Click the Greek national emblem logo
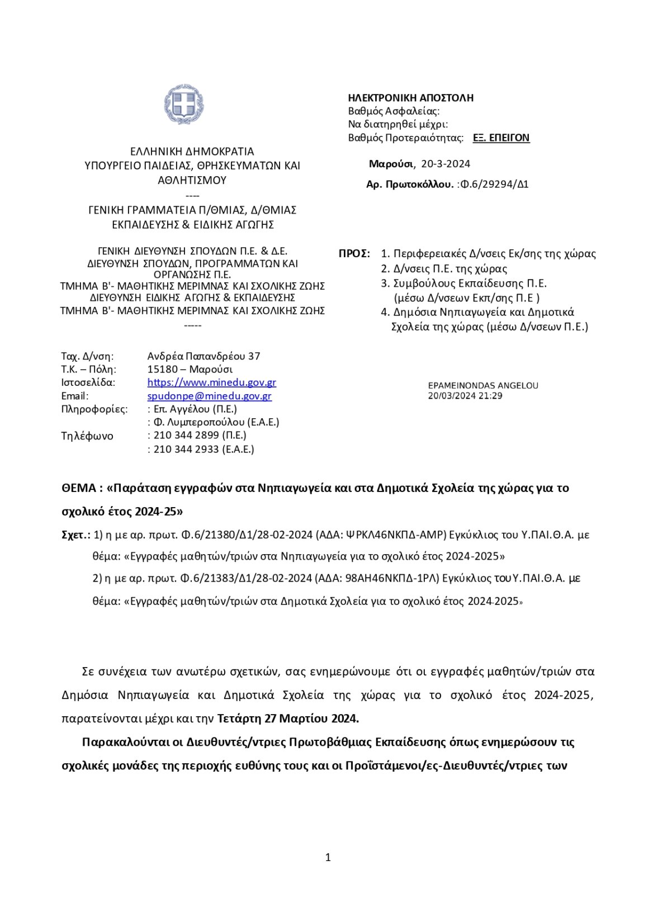pos(183,105)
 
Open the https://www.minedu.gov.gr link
pos(211,382)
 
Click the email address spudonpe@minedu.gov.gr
pos(209,396)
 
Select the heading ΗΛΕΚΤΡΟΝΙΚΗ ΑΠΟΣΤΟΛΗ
pos(410,98)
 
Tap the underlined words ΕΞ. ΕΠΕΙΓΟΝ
pos(501,138)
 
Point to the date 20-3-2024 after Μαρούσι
pos(446,164)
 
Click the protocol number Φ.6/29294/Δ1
pos(494,184)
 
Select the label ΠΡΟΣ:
pos(354,254)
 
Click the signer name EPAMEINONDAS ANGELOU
pos(483,386)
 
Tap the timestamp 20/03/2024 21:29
pos(465,396)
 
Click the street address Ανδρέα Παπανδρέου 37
pos(204,356)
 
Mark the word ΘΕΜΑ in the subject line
pos(79,488)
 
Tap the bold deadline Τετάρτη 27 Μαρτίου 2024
pos(288,718)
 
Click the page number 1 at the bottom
pos(328,857)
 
